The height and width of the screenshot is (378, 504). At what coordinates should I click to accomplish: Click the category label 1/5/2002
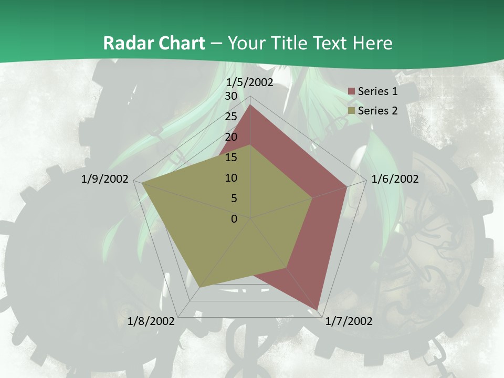point(250,82)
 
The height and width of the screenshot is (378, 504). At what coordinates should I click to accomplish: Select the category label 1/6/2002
point(395,179)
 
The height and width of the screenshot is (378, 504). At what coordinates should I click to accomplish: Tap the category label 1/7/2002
point(349,321)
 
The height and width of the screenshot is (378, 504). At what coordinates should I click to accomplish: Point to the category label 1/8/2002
point(151,321)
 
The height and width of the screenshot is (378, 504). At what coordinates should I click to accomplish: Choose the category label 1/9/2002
point(105,179)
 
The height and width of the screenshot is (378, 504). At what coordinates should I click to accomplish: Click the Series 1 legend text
point(377,91)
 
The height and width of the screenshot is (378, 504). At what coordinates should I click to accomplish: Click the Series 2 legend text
point(377,111)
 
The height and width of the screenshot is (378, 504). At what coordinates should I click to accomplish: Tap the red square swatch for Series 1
point(352,91)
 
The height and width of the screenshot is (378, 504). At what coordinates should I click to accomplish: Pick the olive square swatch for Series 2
point(352,111)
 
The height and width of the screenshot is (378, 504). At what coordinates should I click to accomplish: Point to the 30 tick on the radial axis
point(231,96)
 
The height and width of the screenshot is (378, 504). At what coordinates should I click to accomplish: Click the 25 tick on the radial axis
point(231,117)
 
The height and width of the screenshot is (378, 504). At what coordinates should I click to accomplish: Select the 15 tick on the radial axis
point(231,157)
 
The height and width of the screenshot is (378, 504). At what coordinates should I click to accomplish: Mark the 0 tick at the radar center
point(234,219)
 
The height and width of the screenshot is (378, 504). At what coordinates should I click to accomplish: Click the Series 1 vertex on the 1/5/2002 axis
point(250,105)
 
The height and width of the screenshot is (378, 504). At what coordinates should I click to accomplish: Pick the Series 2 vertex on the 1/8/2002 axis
point(200,287)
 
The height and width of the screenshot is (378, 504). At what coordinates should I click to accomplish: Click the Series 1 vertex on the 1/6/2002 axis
point(346,186)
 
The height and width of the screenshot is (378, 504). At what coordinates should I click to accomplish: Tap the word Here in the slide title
point(373,43)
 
